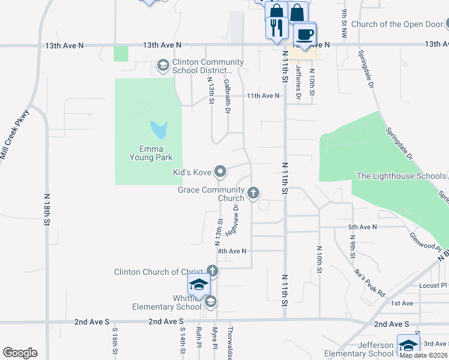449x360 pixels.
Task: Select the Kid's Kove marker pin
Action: (x=220, y=172)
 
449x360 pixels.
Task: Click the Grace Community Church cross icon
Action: (x=253, y=193)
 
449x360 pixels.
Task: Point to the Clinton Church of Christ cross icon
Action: (x=211, y=271)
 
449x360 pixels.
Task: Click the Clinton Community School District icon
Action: (x=163, y=65)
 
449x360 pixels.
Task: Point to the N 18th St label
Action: (x=46, y=210)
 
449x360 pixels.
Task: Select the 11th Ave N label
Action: (x=263, y=95)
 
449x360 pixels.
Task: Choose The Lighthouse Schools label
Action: (x=400, y=176)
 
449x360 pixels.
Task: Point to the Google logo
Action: (x=20, y=353)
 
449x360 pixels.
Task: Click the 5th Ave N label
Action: (x=362, y=227)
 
